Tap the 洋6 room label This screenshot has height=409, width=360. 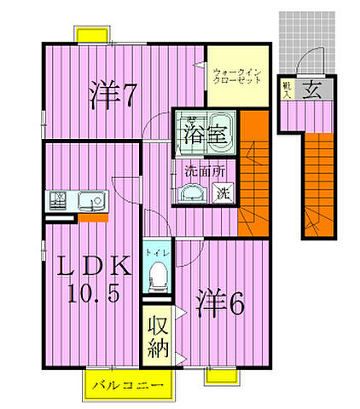[x=223, y=302]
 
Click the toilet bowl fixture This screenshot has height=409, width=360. [x=156, y=274]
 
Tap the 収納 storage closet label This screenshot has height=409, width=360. [x=154, y=337]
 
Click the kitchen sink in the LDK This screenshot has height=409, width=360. [x=90, y=202]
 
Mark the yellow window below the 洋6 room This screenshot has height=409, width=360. [x=220, y=376]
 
